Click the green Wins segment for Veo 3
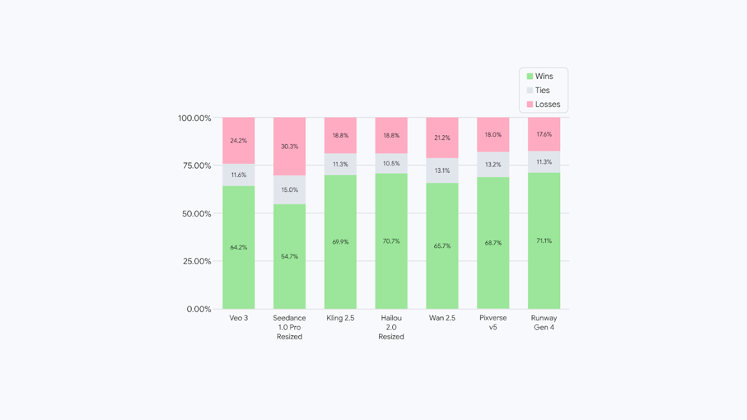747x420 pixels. [239, 270]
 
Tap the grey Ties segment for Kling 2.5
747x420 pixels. [340, 164]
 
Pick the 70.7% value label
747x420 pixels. [391, 241]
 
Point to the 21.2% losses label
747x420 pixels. [442, 138]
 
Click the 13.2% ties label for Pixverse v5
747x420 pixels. [493, 165]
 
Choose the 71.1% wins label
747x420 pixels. [544, 241]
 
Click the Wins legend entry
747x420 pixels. [539, 76]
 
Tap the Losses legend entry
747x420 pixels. [543, 104]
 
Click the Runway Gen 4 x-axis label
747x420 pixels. [544, 323]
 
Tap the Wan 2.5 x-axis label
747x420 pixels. [442, 318]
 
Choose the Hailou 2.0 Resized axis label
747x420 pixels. [391, 327]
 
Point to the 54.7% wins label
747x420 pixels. [289, 257]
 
